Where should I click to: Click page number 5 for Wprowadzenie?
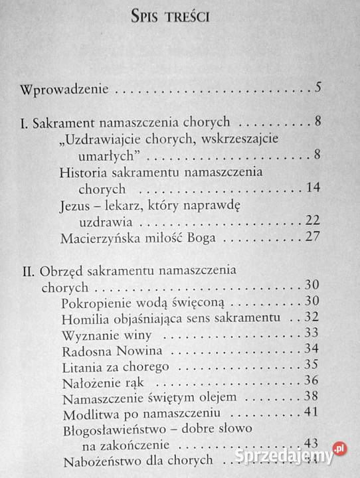tap(319, 88)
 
